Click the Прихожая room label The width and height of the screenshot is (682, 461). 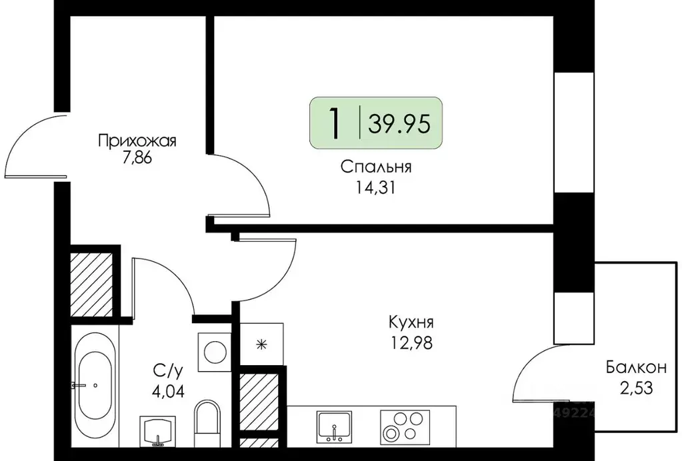pos(137,141)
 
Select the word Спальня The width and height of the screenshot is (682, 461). pos(375,167)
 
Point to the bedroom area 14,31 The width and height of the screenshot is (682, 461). pos(375,187)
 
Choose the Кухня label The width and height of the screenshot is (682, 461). pos(411,323)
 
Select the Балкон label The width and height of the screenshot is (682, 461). pos(636,367)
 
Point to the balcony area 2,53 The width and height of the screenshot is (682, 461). pos(636,388)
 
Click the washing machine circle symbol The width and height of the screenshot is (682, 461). pos(215,351)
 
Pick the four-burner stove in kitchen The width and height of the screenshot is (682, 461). pos(403,427)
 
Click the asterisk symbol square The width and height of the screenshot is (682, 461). pos(261,344)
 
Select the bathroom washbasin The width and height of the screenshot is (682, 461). pos(158,431)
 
